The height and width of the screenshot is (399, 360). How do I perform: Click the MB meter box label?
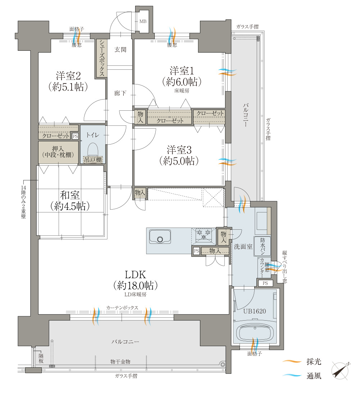tap(143, 22)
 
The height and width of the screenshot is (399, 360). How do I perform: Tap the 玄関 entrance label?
tap(120, 50)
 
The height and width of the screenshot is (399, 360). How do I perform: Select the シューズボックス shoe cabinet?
tap(101, 58)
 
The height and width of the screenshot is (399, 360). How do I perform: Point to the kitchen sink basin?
tap(160, 237)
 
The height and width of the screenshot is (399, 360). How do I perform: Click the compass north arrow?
tap(340, 371)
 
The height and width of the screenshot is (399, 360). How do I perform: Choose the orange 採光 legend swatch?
tap(292, 361)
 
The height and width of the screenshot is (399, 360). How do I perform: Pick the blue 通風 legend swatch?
tap(292, 375)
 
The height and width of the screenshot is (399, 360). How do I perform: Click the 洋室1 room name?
tap(182, 70)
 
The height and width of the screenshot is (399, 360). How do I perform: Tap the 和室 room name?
tap(70, 195)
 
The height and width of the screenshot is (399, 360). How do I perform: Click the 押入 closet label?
tap(58, 148)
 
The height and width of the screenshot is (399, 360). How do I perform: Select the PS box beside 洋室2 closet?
tap(75, 136)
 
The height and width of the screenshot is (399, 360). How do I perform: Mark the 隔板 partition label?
tap(41, 358)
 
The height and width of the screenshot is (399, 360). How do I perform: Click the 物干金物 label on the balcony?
tap(120, 362)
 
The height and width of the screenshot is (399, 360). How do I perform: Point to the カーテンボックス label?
tap(122, 308)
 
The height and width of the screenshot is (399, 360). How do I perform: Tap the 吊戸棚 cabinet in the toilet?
tap(93, 160)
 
